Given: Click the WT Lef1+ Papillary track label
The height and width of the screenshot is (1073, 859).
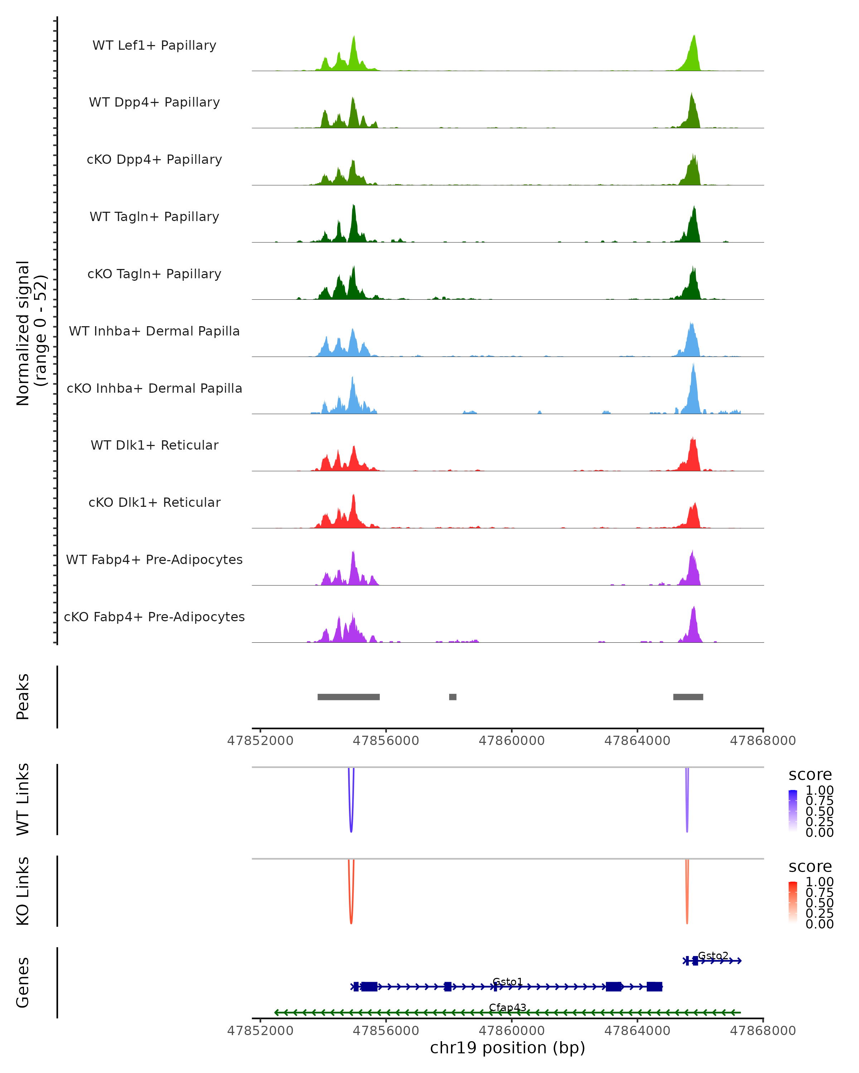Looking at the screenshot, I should click(x=154, y=45).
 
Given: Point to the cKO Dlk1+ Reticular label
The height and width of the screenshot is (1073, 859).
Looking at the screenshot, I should click(x=154, y=502).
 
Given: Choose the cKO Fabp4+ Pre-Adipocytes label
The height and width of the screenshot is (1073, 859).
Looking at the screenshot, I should click(x=154, y=617).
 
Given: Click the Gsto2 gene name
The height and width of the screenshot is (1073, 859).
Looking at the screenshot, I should click(x=713, y=956).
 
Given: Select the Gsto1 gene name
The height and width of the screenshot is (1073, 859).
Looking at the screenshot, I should click(x=508, y=981).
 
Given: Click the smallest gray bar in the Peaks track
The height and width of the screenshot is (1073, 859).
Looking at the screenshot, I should click(x=453, y=697).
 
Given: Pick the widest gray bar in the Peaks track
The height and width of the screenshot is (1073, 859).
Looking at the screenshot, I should click(x=349, y=697).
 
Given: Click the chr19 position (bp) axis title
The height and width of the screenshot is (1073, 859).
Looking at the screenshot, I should click(x=508, y=1048).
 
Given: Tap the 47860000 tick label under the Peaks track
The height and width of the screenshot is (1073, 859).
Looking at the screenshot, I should click(x=511, y=741).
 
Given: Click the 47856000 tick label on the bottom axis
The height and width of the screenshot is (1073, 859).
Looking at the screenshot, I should click(x=386, y=1031).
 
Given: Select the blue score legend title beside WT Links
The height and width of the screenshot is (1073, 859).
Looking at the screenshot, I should click(x=810, y=775).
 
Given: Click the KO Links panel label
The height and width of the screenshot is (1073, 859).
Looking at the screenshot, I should click(x=23, y=891).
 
